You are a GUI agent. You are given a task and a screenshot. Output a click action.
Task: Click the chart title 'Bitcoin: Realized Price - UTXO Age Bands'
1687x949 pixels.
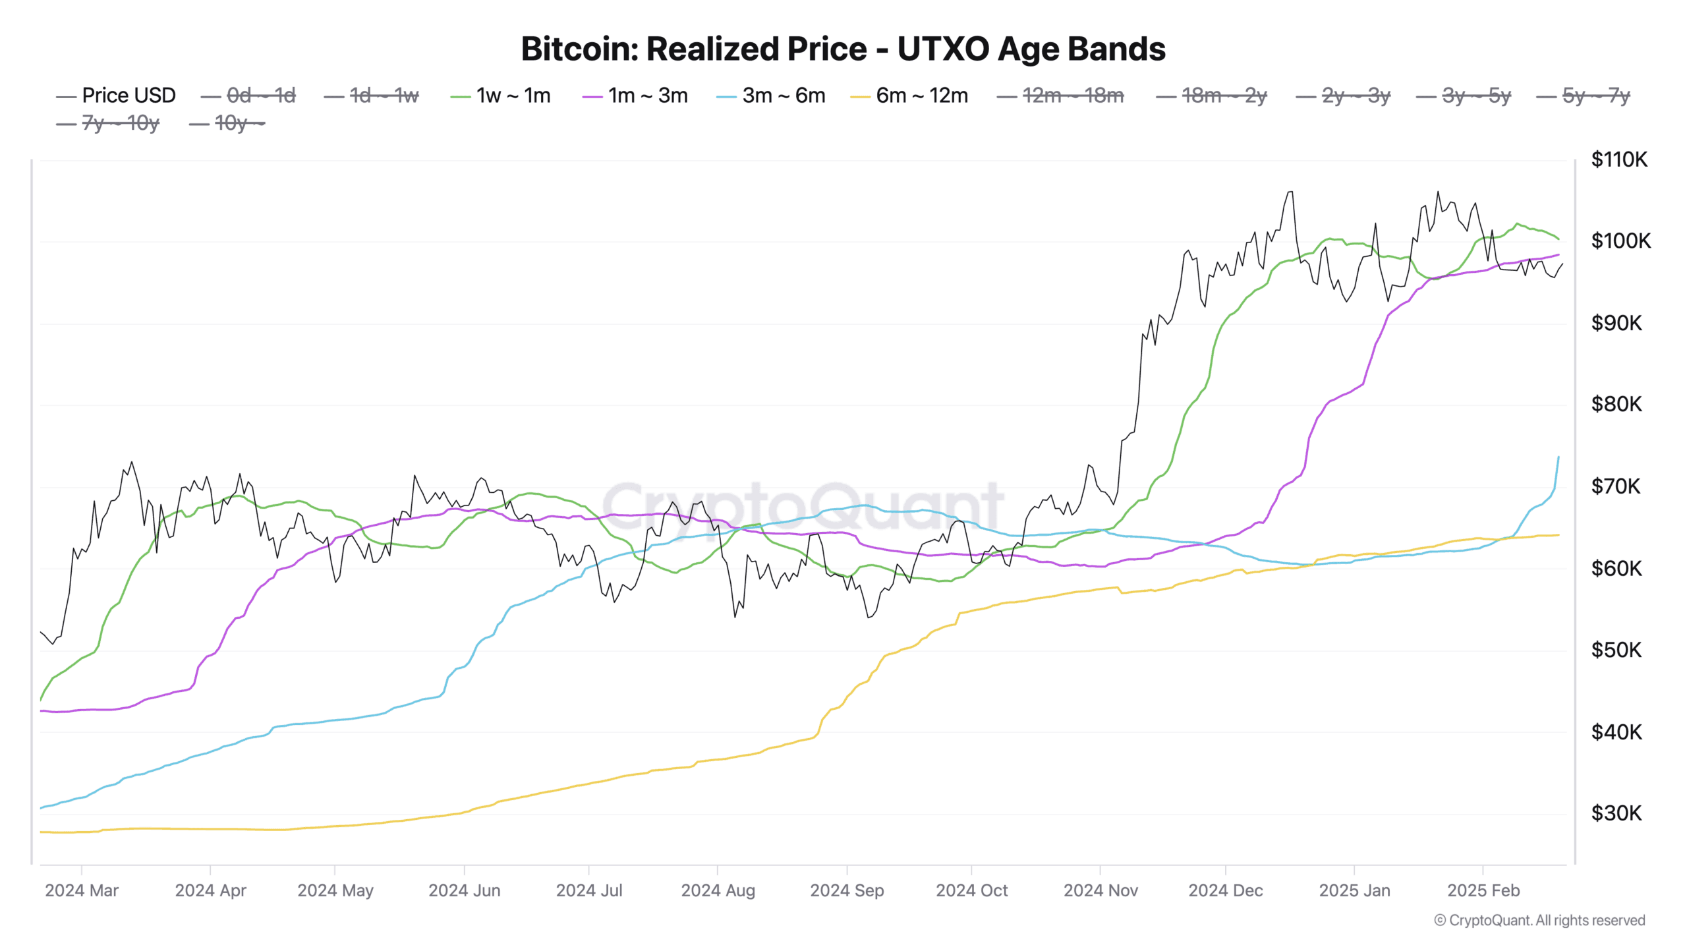[x=843, y=49]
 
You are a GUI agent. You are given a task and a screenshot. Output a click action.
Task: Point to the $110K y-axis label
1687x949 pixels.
[x=1618, y=159]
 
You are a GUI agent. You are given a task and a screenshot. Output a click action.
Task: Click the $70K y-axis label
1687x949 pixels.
[x=1616, y=486]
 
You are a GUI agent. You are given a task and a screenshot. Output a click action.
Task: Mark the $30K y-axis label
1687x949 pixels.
[x=1616, y=813]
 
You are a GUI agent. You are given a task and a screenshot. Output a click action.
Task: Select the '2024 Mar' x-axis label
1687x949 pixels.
[x=82, y=890]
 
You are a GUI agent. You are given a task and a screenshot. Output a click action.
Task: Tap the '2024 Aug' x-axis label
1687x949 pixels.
[x=718, y=890]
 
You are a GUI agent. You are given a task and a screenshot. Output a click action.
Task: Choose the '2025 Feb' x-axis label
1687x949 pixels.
[x=1483, y=890]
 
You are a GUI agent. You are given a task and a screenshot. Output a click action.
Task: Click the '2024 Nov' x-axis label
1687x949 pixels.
[x=1101, y=890]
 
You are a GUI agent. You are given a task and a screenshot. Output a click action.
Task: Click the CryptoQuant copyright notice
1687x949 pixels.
[x=1539, y=921]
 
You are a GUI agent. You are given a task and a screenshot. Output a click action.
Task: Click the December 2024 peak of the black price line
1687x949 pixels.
[x=1290, y=192]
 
